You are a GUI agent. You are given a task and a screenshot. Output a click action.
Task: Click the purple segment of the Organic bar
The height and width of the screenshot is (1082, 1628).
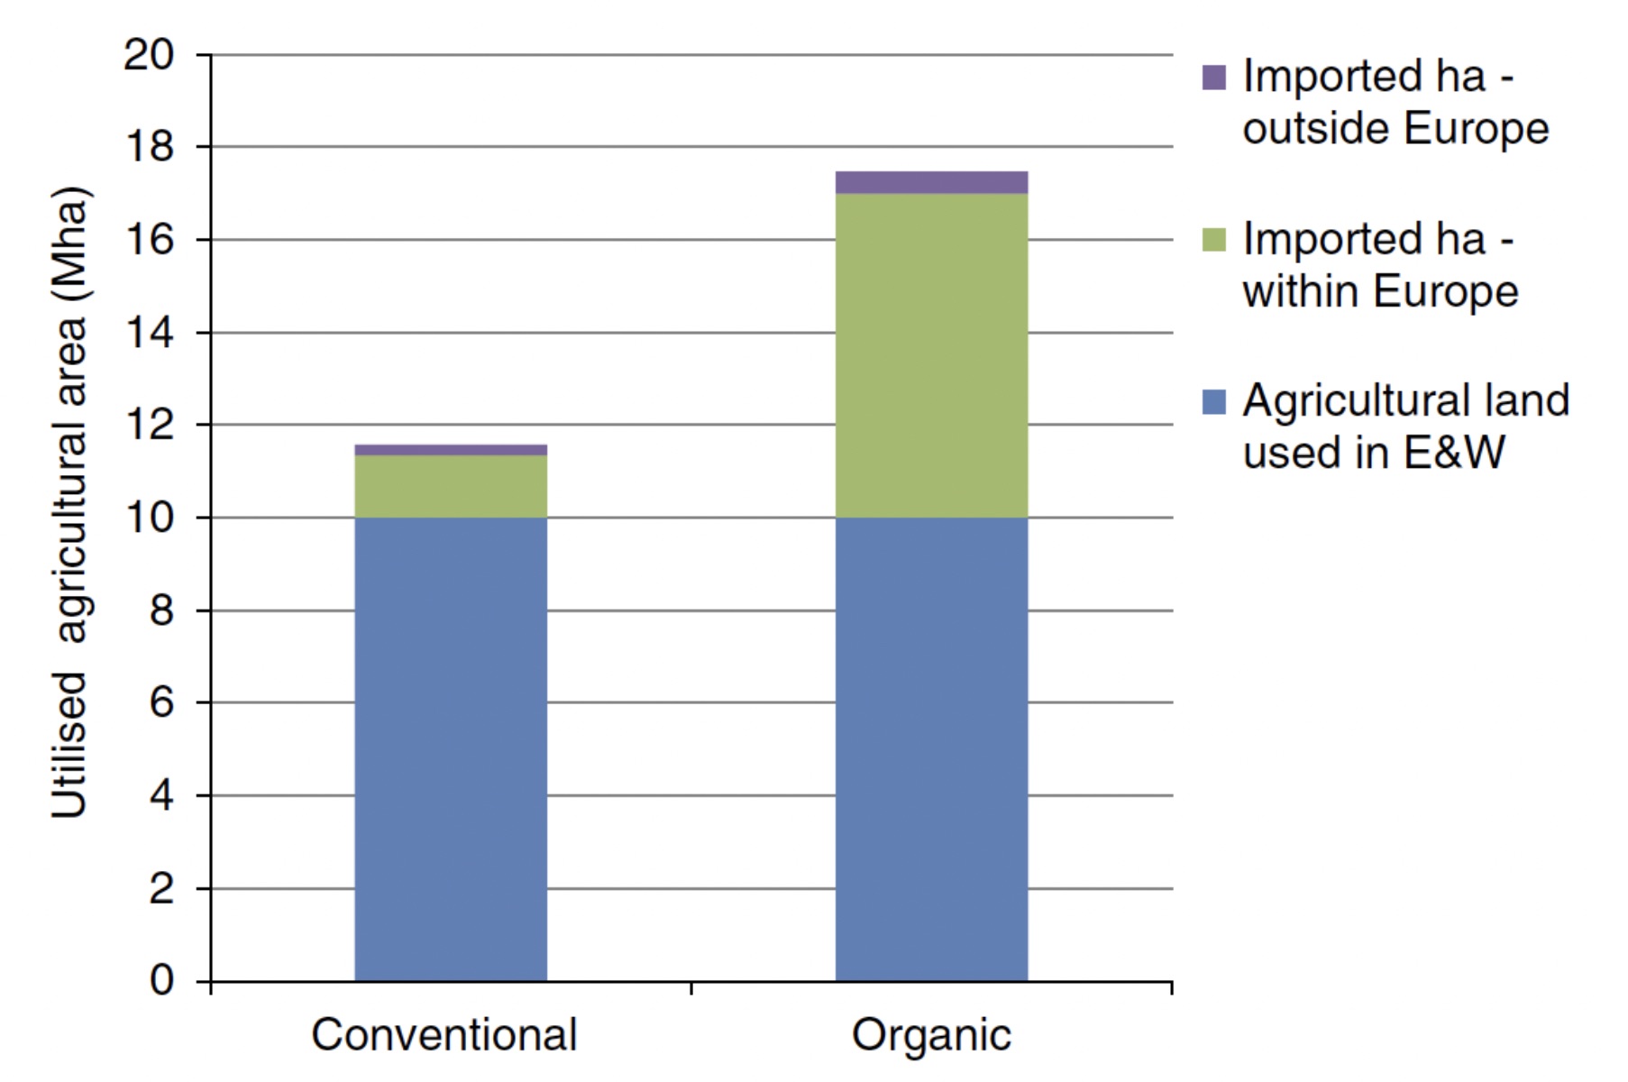point(931,182)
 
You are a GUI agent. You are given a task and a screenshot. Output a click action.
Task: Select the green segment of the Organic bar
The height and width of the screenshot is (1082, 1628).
point(931,355)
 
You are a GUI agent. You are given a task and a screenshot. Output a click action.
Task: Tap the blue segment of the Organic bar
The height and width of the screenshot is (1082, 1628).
point(931,748)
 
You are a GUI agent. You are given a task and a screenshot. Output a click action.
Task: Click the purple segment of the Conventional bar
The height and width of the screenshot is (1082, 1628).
point(451,449)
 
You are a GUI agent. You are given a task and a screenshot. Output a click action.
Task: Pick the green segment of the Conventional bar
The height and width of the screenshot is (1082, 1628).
point(451,486)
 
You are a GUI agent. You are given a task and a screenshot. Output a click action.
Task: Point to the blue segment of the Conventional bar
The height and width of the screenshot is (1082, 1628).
point(451,748)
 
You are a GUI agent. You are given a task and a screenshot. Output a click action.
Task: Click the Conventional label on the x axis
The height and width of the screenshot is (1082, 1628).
point(444,1034)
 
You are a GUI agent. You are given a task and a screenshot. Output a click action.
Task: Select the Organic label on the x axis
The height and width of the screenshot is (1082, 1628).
point(931,1034)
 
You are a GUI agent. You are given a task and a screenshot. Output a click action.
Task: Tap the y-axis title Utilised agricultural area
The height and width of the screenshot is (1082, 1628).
point(70,502)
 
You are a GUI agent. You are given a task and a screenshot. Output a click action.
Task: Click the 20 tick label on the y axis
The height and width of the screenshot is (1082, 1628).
point(149,55)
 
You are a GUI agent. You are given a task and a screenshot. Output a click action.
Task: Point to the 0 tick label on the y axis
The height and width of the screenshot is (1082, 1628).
point(161,979)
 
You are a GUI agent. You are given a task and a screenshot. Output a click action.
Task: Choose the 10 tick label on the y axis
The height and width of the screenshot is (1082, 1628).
point(149,518)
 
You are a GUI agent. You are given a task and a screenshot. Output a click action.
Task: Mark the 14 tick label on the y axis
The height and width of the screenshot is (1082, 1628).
point(149,333)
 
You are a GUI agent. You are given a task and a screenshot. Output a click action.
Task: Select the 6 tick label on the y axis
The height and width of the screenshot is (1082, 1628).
point(161,701)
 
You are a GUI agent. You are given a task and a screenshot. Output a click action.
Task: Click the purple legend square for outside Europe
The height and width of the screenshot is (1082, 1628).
point(1214,78)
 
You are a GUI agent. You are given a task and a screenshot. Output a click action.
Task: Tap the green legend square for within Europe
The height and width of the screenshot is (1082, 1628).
point(1214,240)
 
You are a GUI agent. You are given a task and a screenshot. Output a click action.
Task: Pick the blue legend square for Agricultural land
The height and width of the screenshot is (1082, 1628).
point(1214,402)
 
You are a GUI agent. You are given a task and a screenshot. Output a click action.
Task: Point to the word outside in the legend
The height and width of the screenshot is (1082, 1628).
point(1317,129)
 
